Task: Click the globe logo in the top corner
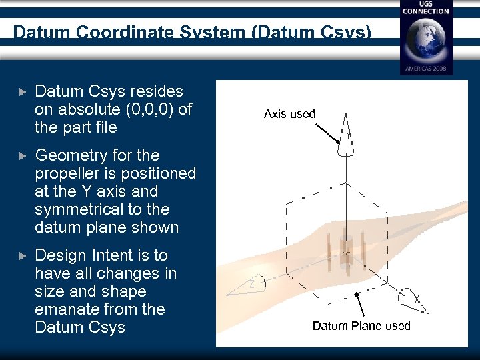point(425,39)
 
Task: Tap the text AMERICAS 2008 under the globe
point(425,68)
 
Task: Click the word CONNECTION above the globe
point(425,11)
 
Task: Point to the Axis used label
point(289,114)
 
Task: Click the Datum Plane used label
point(361,325)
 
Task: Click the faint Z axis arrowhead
point(247,287)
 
